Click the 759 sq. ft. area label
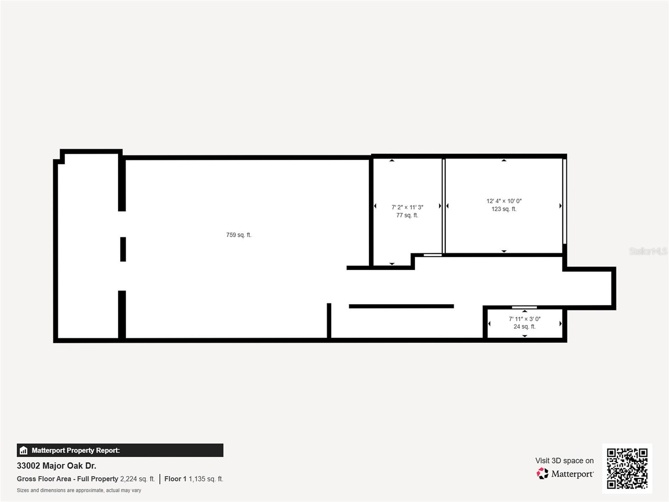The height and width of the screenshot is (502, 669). pyautogui.click(x=239, y=235)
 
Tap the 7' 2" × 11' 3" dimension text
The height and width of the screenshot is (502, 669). pyautogui.click(x=407, y=207)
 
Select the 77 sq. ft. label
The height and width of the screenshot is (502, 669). pyautogui.click(x=407, y=215)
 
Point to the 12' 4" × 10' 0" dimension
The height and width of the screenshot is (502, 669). pyautogui.click(x=504, y=201)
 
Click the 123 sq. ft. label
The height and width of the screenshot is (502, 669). pyautogui.click(x=504, y=209)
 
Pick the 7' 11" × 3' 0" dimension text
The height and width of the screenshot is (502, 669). pyautogui.click(x=524, y=319)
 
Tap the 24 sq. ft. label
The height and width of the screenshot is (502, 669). pyautogui.click(x=524, y=327)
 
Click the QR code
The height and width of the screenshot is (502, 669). pyautogui.click(x=627, y=469)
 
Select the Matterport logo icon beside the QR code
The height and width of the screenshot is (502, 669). pyautogui.click(x=542, y=474)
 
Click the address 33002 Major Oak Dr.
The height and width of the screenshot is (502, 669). pyautogui.click(x=56, y=466)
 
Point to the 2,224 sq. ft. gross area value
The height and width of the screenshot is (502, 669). pyautogui.click(x=138, y=479)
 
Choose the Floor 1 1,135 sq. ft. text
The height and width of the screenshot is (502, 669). pyautogui.click(x=194, y=479)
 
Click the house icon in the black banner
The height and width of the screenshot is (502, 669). pyautogui.click(x=23, y=450)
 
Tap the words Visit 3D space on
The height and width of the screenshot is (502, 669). pyautogui.click(x=564, y=461)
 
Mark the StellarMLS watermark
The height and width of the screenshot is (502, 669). pyautogui.click(x=648, y=251)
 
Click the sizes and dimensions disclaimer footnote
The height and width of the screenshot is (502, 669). pyautogui.click(x=79, y=490)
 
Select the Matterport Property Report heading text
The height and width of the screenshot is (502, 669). pyautogui.click(x=76, y=450)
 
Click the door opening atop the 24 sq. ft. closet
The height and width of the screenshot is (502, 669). pyautogui.click(x=524, y=307)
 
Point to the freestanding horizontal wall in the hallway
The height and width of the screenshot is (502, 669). pyautogui.click(x=401, y=306)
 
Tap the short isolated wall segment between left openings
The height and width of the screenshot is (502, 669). pyautogui.click(x=123, y=249)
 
